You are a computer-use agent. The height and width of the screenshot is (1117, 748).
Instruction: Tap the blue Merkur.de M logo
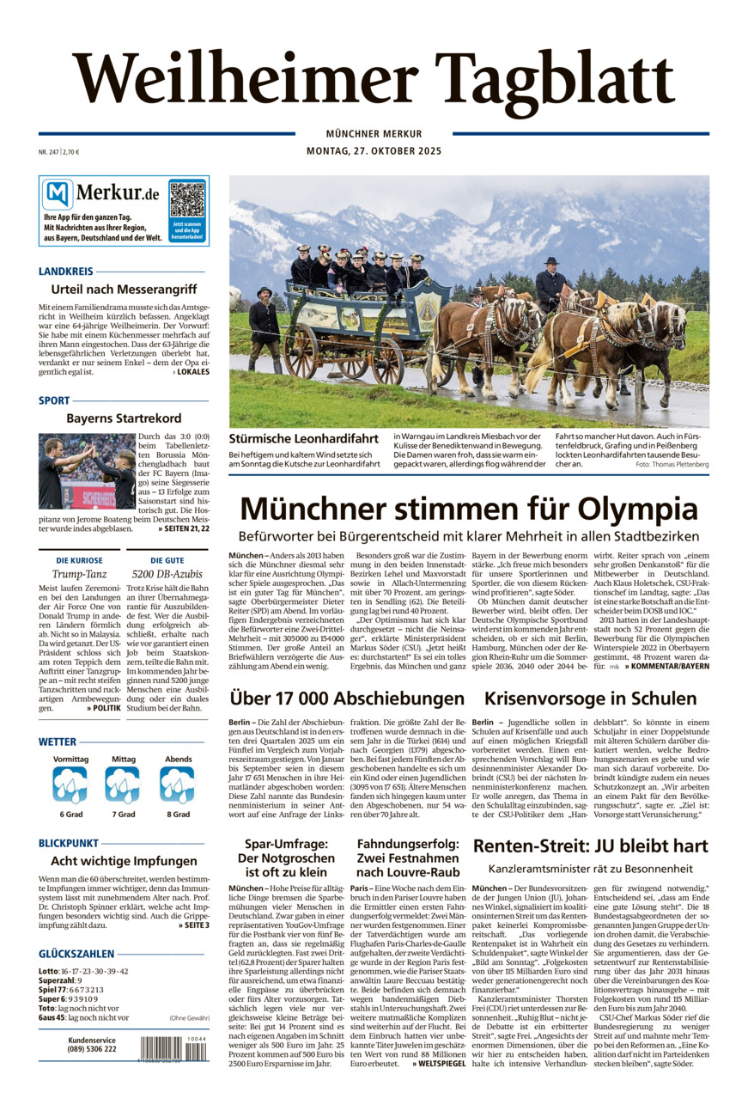[x=58, y=195]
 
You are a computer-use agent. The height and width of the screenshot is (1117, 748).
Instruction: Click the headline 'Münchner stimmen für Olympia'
[x=468, y=508]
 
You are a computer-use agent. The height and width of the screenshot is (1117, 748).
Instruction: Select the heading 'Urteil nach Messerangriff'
[x=124, y=290]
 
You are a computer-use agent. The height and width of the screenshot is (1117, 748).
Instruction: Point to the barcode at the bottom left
[x=173, y=1049]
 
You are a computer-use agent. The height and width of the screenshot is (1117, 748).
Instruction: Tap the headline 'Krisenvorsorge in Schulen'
[x=590, y=699]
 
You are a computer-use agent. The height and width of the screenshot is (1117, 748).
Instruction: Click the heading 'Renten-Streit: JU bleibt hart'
[x=590, y=845]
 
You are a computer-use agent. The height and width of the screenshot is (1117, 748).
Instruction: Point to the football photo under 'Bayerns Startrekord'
[x=86, y=471]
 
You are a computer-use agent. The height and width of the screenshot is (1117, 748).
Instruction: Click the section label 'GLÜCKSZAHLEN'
[x=76, y=954]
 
